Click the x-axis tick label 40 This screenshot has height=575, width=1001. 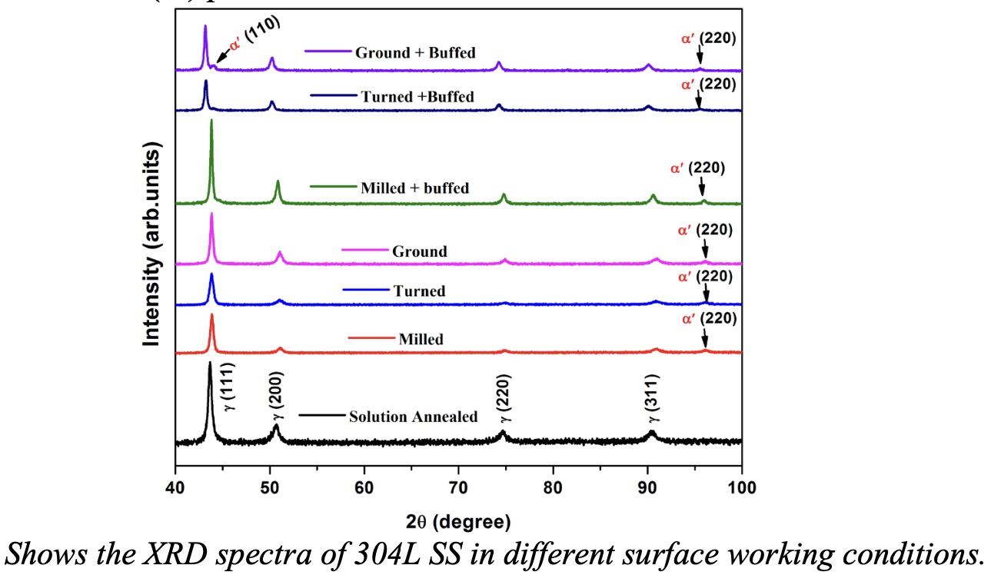[175, 487]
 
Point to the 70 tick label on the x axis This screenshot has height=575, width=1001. [458, 487]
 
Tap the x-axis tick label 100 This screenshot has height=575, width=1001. [740, 487]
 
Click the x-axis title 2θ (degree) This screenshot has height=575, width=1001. [458, 523]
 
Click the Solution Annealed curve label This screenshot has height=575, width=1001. [414, 417]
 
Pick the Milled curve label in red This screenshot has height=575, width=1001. [421, 339]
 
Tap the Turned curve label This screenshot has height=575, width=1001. [419, 291]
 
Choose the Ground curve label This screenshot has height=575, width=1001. [419, 251]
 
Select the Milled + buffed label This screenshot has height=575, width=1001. [414, 188]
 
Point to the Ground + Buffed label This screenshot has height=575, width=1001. [415, 53]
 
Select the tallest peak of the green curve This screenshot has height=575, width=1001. [211, 121]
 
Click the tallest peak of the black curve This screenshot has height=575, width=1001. [209, 363]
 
